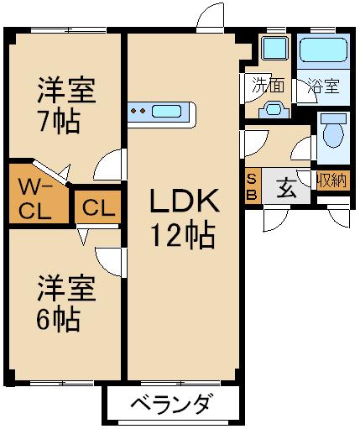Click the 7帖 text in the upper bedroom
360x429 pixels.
click(x=58, y=122)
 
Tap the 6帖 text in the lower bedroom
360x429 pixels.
click(x=58, y=320)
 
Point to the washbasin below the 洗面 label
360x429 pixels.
click(x=274, y=110)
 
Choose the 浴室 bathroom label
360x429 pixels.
click(x=323, y=85)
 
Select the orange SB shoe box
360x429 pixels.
click(x=252, y=185)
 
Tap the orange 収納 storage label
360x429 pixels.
click(x=331, y=180)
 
